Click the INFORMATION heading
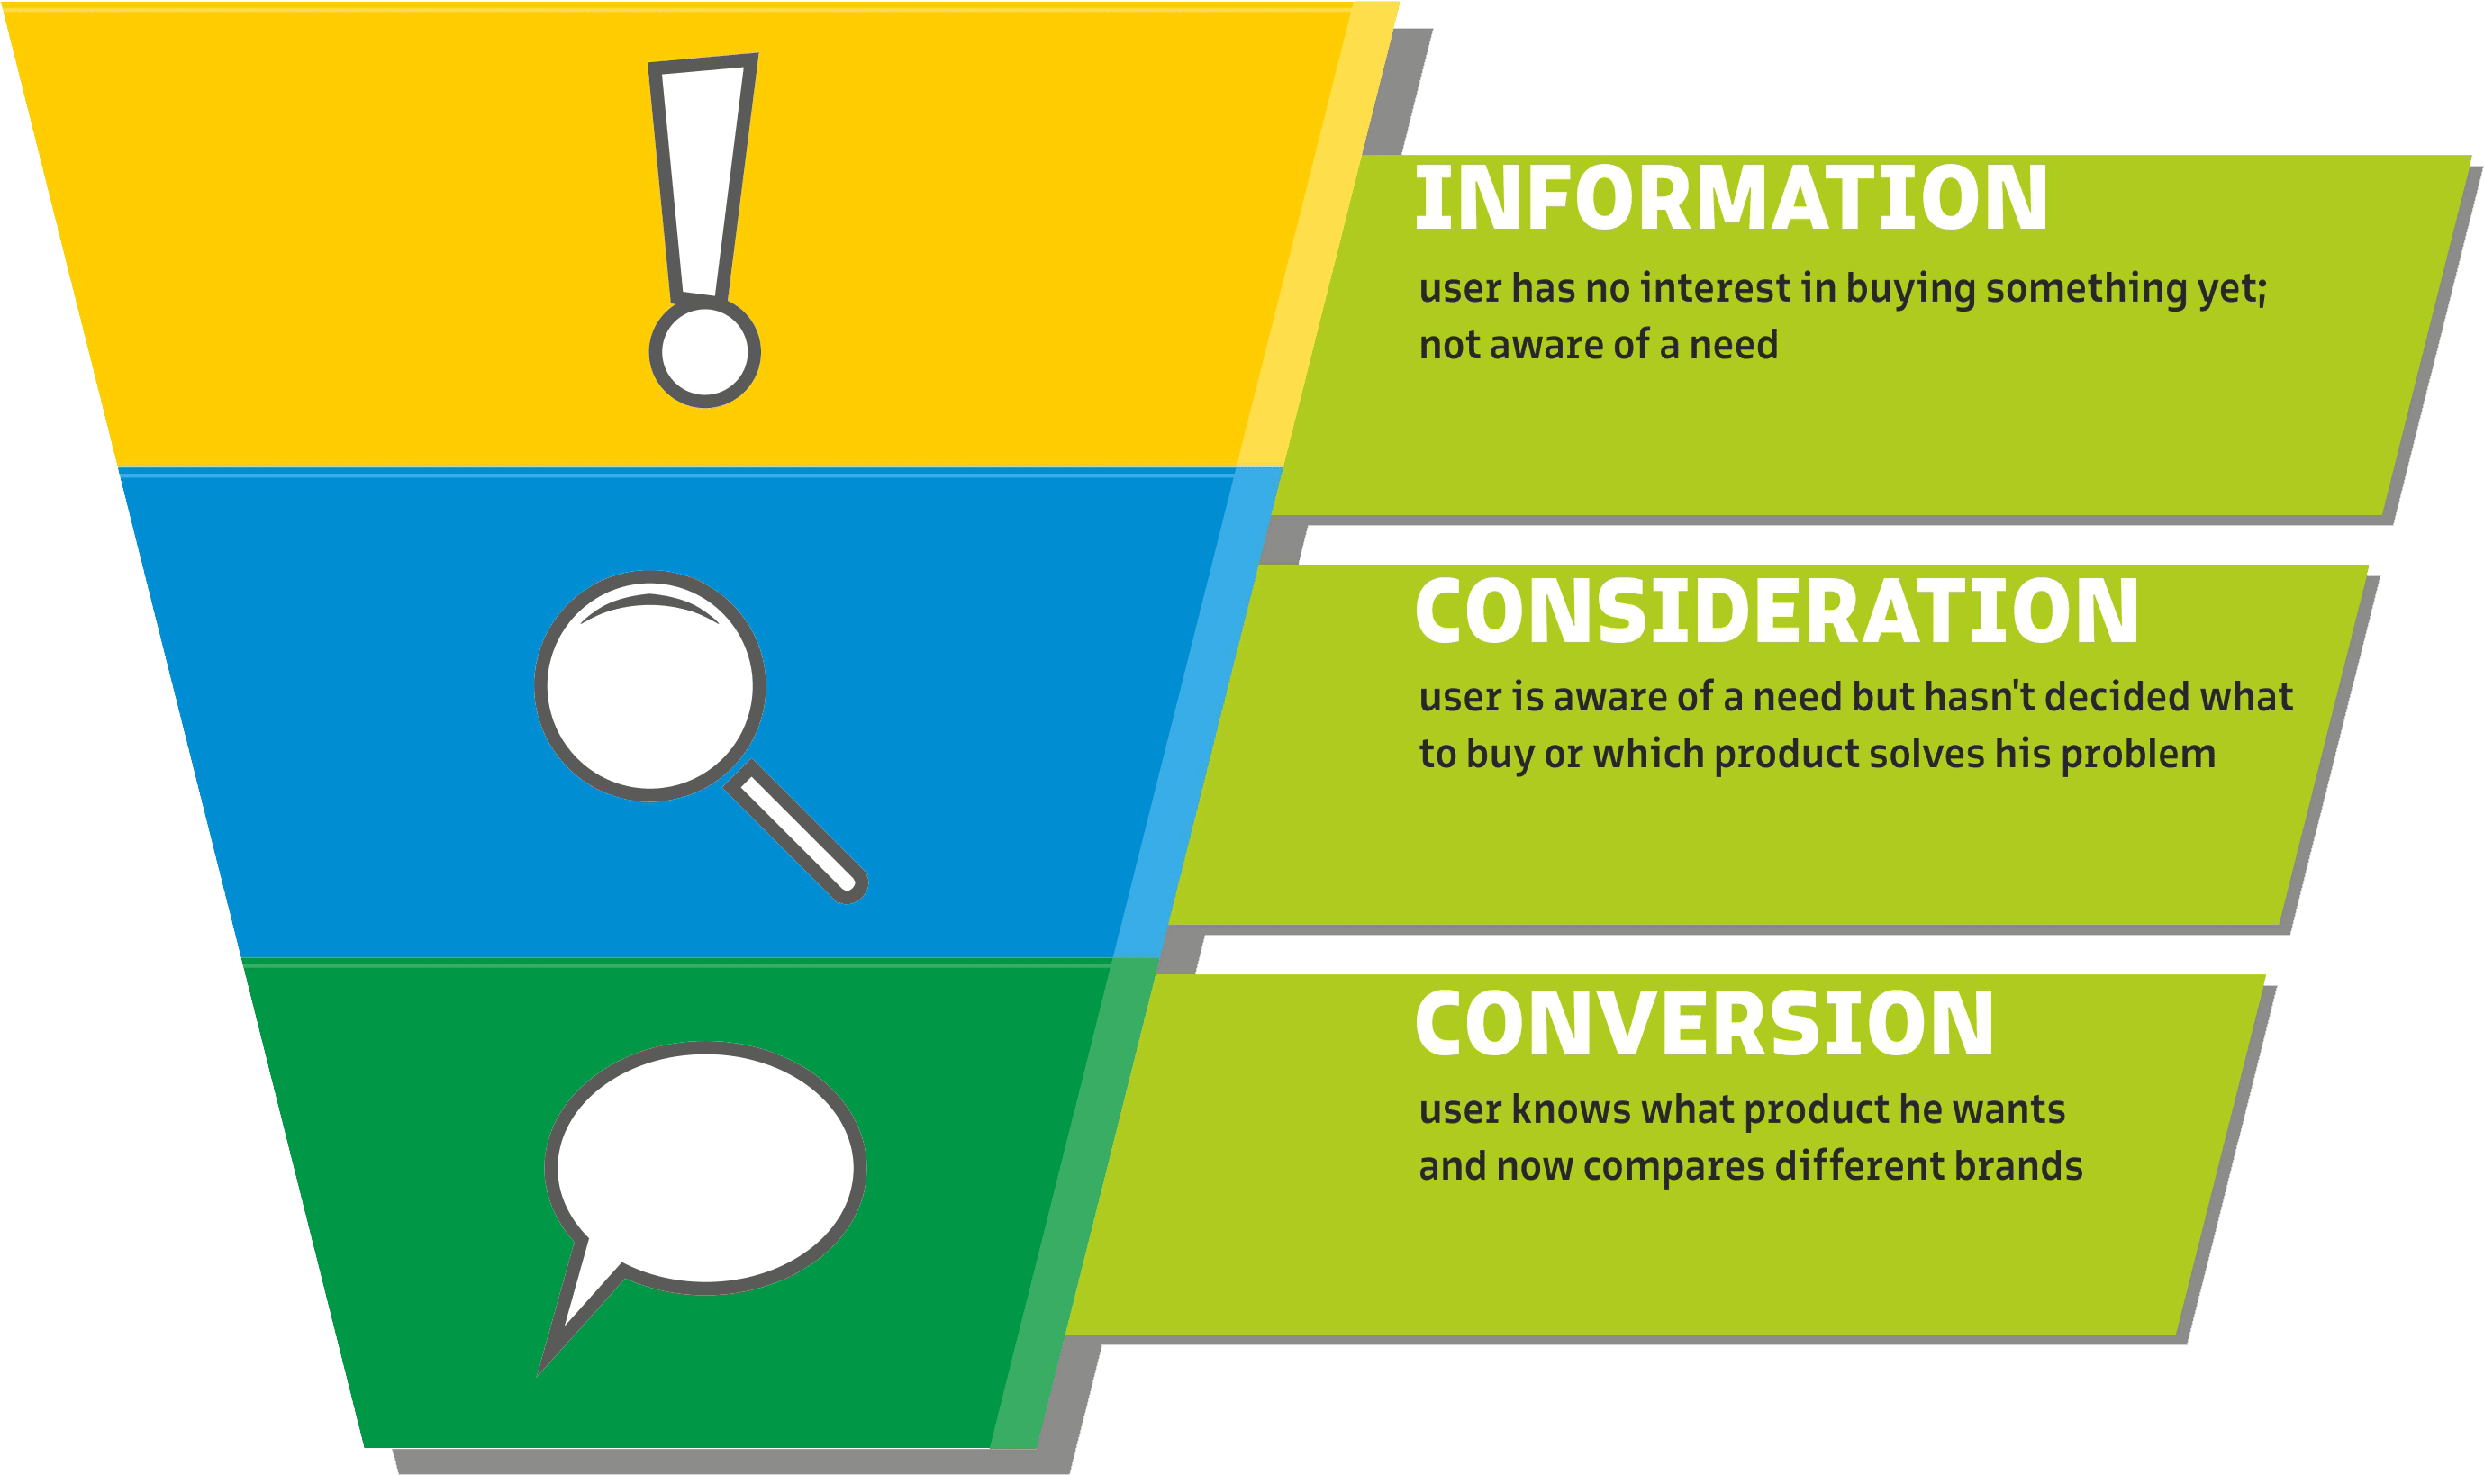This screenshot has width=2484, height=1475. pos(1730,198)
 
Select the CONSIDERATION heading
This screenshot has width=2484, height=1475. pos(1775,611)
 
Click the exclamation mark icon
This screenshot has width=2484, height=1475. pos(704,229)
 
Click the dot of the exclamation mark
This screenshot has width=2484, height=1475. pos(704,353)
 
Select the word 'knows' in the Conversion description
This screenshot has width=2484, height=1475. pos(1571,1109)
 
